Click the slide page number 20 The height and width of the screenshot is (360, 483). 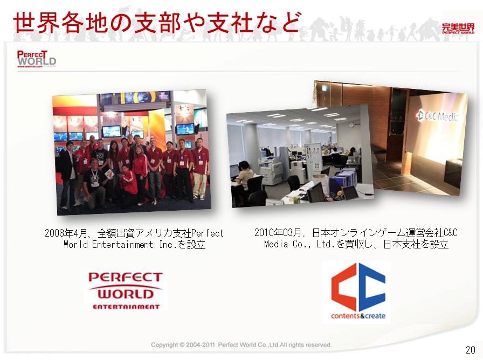tap(471, 350)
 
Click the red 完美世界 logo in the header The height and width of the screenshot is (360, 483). tap(458, 29)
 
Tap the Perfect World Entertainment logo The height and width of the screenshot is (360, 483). tap(126, 290)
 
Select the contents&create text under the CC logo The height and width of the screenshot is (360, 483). tap(358, 316)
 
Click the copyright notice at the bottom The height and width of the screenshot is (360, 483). tap(241, 344)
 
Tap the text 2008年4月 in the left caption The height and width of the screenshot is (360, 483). tap(64, 233)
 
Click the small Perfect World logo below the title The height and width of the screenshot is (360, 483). tap(36, 59)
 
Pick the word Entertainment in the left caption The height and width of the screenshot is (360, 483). tap(122, 245)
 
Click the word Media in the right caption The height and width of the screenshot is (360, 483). tap(277, 244)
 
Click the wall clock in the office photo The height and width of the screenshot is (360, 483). tap(351, 124)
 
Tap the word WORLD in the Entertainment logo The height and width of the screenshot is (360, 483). tap(126, 294)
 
